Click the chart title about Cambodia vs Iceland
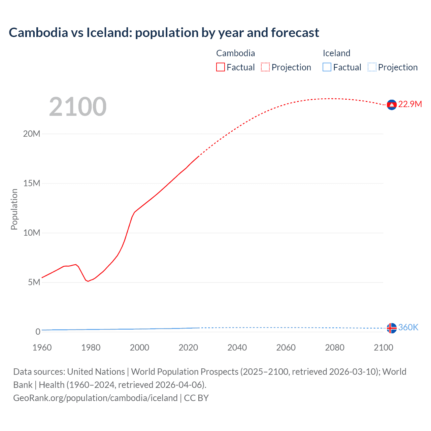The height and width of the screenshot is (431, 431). pyautogui.click(x=164, y=33)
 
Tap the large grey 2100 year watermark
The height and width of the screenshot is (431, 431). pyautogui.click(x=78, y=107)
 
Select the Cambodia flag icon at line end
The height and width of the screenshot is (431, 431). pyautogui.click(x=392, y=105)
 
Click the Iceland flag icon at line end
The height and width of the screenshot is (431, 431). pyautogui.click(x=392, y=328)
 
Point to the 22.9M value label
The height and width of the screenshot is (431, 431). pyautogui.click(x=410, y=104)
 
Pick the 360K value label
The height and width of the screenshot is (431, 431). pyautogui.click(x=408, y=328)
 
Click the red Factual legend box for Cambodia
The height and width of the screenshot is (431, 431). pyautogui.click(x=221, y=67)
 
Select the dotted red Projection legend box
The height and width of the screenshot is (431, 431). pyautogui.click(x=265, y=67)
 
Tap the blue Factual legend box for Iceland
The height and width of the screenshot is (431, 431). pyautogui.click(x=327, y=67)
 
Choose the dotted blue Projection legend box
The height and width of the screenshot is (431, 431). pyautogui.click(x=372, y=67)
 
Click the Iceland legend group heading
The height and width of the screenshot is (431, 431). pyautogui.click(x=336, y=53)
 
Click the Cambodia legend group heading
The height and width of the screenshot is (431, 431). pyautogui.click(x=235, y=53)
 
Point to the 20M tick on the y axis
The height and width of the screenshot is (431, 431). pyautogui.click(x=32, y=134)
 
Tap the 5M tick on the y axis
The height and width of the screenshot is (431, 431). pyautogui.click(x=34, y=282)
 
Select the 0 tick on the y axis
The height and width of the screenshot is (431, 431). pyautogui.click(x=38, y=332)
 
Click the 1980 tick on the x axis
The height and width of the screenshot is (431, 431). pyautogui.click(x=91, y=347)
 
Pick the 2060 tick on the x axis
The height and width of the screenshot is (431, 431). pyautogui.click(x=286, y=347)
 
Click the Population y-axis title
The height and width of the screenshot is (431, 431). pyautogui.click(x=14, y=209)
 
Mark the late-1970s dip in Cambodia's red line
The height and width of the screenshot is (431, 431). pyautogui.click(x=88, y=281)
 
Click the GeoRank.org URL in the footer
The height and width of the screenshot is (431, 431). pyautogui.click(x=95, y=398)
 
